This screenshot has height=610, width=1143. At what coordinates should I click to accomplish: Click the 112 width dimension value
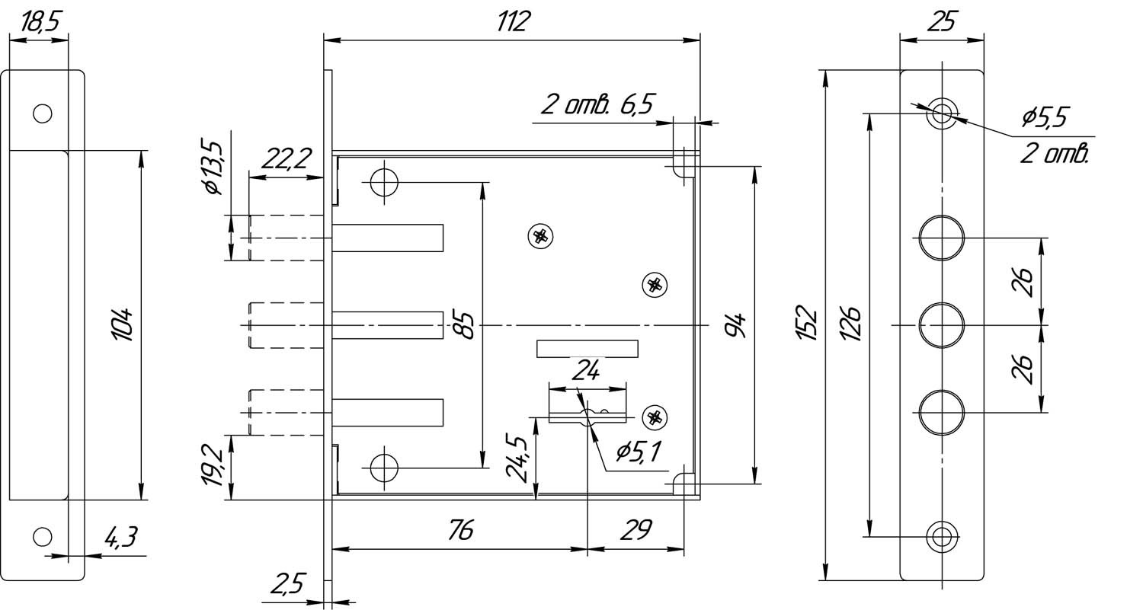(x=511, y=22)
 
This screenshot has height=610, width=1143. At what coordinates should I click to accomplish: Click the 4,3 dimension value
(x=120, y=538)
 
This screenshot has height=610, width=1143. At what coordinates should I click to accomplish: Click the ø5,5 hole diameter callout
(x=1045, y=117)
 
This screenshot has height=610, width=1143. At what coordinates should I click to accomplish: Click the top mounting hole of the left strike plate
(x=43, y=113)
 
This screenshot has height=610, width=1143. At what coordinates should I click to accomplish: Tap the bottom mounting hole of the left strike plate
(x=43, y=537)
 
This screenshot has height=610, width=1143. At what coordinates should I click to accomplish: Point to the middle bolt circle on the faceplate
(x=942, y=325)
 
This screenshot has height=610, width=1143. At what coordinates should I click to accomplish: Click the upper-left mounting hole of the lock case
(x=384, y=182)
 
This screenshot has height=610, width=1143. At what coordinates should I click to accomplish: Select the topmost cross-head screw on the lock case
(x=540, y=236)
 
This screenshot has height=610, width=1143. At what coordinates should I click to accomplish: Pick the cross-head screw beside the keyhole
(x=654, y=417)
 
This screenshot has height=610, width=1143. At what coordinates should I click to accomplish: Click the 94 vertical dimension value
(x=733, y=325)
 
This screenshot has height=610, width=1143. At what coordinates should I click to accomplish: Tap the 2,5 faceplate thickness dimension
(x=287, y=585)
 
